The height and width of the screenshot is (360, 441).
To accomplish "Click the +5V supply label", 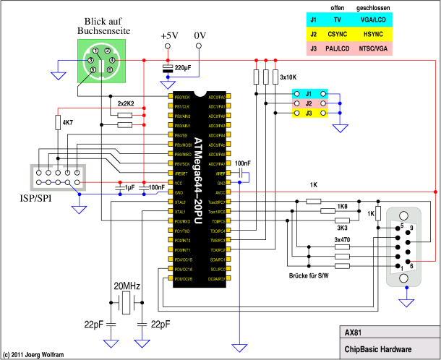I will pos(168,35).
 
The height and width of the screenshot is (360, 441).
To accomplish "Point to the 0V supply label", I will pos(200,35).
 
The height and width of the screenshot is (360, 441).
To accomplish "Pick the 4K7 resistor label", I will pos(68,123).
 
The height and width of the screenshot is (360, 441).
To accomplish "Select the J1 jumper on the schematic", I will pos(308,94).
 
